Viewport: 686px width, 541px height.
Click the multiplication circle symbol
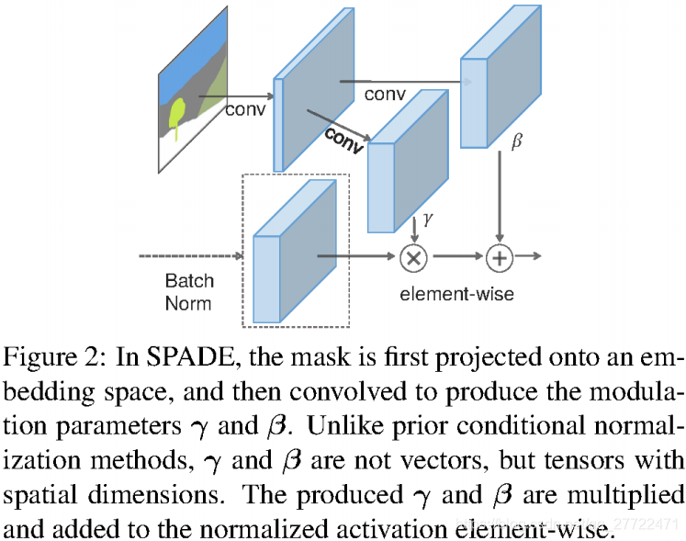pyautogui.click(x=413, y=258)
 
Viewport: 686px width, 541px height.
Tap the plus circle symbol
pyautogui.click(x=499, y=258)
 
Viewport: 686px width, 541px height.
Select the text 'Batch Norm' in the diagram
pyautogui.click(x=188, y=291)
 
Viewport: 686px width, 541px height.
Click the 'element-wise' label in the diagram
pyautogui.click(x=456, y=294)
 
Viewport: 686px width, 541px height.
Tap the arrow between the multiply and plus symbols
pyautogui.click(x=456, y=258)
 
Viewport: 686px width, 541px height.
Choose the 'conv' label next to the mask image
pyautogui.click(x=244, y=109)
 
